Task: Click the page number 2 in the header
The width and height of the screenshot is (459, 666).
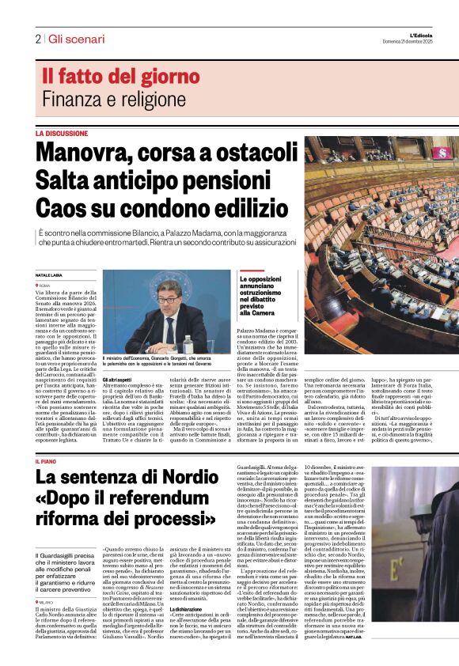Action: point(38,39)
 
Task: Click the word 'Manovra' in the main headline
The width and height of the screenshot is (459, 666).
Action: point(92,151)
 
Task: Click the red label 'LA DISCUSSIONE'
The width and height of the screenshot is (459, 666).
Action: point(61,134)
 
